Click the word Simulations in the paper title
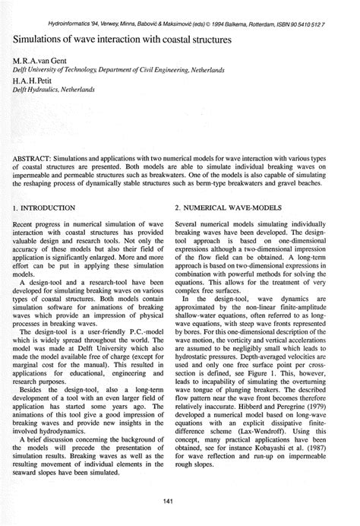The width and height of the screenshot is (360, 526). coord(37,37)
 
